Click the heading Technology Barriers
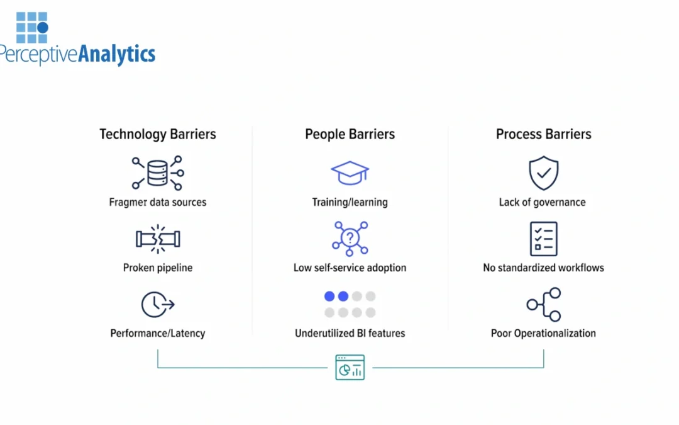tap(158, 134)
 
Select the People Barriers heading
tap(350, 134)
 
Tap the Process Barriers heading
tap(543, 134)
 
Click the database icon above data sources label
tap(158, 173)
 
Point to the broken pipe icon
tap(158, 239)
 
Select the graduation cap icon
tap(350, 173)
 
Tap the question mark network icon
tap(350, 238)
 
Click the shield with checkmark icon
tap(543, 173)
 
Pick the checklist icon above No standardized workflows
tap(543, 239)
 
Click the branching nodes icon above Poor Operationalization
tap(543, 305)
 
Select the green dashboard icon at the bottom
tap(350, 367)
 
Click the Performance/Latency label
tap(158, 333)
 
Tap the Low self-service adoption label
tap(350, 268)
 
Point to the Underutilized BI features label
tap(350, 333)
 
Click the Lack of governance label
tap(542, 202)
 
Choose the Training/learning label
tap(350, 202)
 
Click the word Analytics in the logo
tap(116, 55)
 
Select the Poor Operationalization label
tap(543, 333)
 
